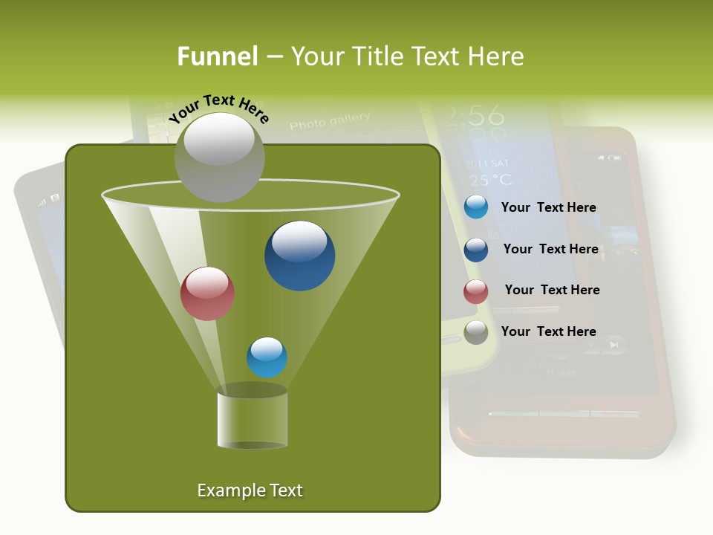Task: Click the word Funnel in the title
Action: tap(217, 56)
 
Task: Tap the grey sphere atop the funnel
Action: tap(219, 158)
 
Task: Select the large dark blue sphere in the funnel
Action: tap(299, 256)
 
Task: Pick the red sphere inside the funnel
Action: tap(207, 294)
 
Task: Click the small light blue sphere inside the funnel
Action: tap(267, 357)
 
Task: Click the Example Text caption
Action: tap(250, 490)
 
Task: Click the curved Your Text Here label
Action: tap(218, 108)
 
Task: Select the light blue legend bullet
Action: tap(475, 207)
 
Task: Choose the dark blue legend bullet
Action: tap(475, 249)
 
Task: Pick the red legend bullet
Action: tap(475, 291)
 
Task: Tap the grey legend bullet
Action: tap(475, 332)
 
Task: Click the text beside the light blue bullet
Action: tap(548, 208)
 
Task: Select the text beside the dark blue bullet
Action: tap(550, 250)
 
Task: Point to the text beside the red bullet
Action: tap(552, 290)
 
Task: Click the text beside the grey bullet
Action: tap(548, 331)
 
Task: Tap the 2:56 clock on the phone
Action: tap(471, 114)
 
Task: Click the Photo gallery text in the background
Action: tap(329, 120)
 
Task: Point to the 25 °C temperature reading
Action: tap(486, 179)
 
